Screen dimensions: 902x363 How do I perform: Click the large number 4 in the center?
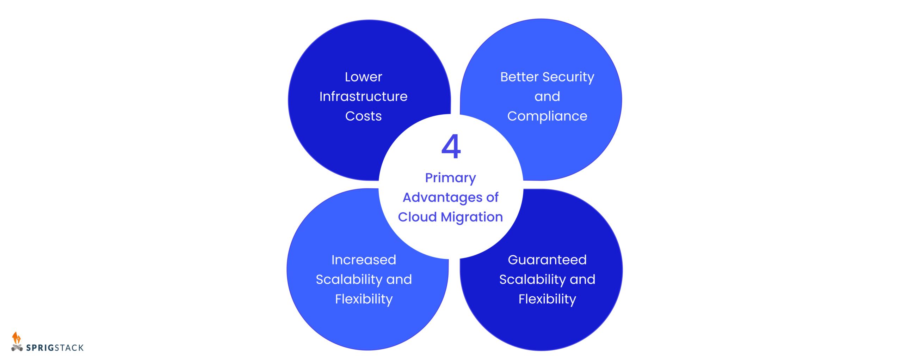coord(451,146)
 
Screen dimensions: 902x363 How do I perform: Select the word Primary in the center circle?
coord(450,178)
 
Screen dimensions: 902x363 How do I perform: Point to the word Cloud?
coord(417,217)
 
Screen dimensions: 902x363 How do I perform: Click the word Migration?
coord(471,217)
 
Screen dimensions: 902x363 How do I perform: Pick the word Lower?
coord(363,77)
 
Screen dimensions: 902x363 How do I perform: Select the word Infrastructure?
coord(363,96)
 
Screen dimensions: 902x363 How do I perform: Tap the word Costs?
coord(363,116)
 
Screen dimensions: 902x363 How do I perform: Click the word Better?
coord(519,77)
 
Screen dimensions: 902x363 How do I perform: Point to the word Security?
coord(568,77)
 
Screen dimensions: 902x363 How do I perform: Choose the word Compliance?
coord(547,116)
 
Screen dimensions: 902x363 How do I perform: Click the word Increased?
coord(364,260)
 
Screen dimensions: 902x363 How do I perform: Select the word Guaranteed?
coord(547,260)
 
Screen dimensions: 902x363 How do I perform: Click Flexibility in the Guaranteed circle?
coord(547,300)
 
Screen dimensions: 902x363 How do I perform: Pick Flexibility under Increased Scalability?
coord(364,300)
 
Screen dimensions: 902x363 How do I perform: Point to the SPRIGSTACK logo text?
coord(55,348)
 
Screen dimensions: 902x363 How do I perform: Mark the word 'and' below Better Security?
coord(547,97)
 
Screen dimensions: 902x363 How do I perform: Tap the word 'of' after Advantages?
coord(492,198)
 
